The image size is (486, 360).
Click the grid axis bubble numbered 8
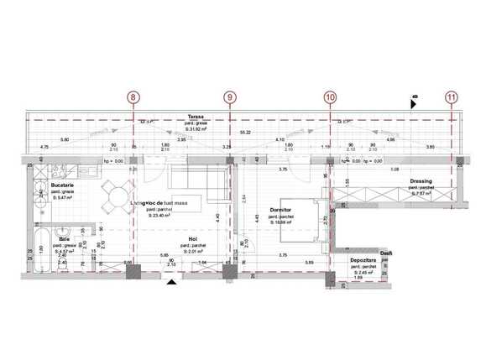click(x=134, y=97)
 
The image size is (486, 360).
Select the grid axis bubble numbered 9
click(x=230, y=97)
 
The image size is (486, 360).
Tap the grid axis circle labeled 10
click(x=330, y=97)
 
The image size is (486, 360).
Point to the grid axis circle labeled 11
click(x=452, y=97)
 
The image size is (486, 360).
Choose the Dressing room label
click(x=421, y=180)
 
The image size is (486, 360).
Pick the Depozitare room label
click(x=363, y=261)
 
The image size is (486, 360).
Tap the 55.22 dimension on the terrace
click(x=245, y=133)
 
